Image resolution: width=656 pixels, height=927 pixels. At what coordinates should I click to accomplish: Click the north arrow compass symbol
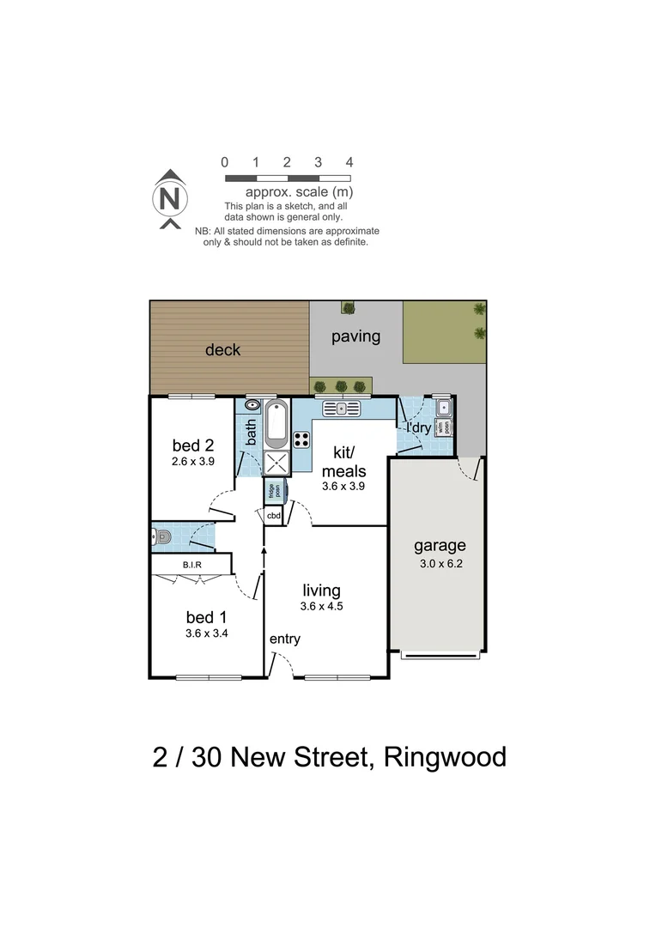(x=171, y=199)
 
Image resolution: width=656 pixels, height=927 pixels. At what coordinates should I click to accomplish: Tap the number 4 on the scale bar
(x=349, y=162)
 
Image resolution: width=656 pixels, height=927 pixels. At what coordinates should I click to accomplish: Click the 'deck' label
(x=222, y=350)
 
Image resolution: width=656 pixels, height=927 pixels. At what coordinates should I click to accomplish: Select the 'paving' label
(x=355, y=336)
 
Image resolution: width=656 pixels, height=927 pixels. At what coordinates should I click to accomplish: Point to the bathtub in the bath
(x=276, y=425)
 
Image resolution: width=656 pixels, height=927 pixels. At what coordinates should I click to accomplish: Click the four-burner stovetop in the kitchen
(x=302, y=439)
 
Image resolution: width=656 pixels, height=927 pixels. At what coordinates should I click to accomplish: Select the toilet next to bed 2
(x=163, y=538)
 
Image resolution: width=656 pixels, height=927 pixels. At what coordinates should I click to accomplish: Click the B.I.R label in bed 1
(x=191, y=565)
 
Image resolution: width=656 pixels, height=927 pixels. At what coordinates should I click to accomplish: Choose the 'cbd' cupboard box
(x=274, y=516)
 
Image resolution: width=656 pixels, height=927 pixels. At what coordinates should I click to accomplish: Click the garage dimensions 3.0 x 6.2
(x=439, y=564)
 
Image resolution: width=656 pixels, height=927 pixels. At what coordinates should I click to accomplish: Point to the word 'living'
(x=321, y=591)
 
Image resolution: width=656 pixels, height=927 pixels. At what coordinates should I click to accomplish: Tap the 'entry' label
(x=285, y=639)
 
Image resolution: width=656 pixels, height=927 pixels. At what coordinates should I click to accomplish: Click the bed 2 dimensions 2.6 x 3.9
(x=192, y=461)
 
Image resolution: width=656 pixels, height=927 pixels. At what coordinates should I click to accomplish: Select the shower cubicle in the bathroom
(x=276, y=463)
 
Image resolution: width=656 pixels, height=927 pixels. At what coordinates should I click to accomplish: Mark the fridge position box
(x=273, y=491)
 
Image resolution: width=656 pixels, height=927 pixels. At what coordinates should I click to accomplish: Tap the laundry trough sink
(x=443, y=407)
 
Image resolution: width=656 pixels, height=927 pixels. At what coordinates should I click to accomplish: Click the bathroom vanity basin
(x=252, y=404)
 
